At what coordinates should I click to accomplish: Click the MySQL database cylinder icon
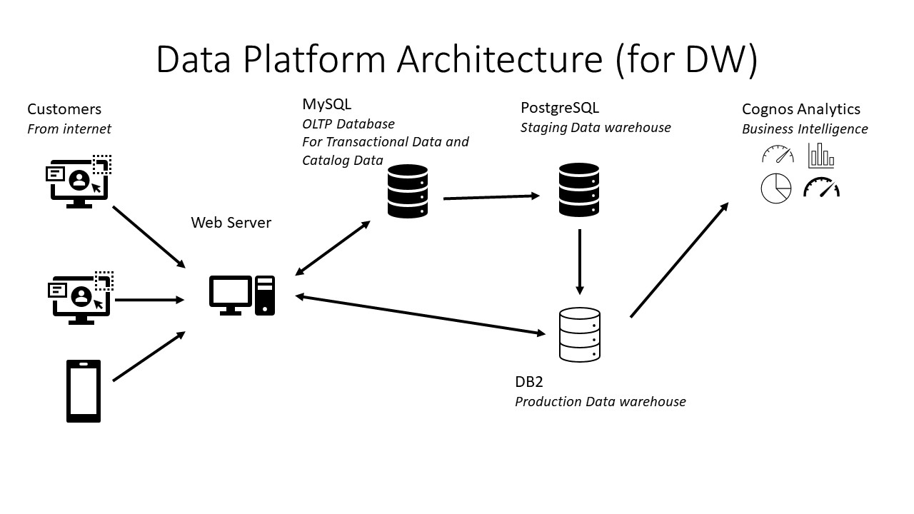[407, 191]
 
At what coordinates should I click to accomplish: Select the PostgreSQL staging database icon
[579, 189]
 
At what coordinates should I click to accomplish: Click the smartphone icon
[84, 391]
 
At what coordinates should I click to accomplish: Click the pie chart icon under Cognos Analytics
[776, 188]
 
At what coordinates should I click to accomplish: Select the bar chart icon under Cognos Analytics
[821, 155]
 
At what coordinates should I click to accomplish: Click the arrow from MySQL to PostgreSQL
[491, 196]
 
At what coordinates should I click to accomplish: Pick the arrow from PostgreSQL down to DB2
[580, 261]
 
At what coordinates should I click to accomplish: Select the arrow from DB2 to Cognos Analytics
[679, 260]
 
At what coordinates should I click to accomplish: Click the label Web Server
[231, 223]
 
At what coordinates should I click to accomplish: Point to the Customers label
[64, 109]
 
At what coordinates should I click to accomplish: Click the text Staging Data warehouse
[596, 128]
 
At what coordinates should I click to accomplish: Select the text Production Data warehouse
[600, 402]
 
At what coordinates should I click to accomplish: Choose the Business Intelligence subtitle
[805, 129]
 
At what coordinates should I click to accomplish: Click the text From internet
[69, 129]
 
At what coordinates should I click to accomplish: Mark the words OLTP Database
[348, 124]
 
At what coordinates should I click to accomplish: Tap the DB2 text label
[529, 382]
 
